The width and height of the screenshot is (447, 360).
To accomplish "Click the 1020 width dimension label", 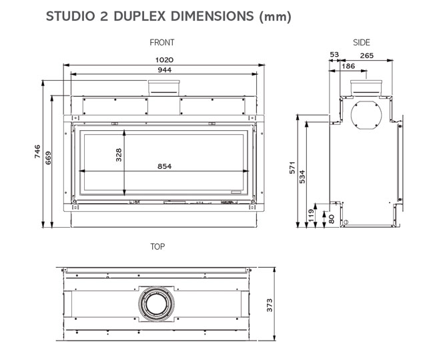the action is tap(164, 60).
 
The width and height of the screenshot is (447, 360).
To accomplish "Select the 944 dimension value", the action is tap(165, 70).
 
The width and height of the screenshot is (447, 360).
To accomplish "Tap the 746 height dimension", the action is tap(37, 152).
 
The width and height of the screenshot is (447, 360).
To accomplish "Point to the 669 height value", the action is tap(48, 158).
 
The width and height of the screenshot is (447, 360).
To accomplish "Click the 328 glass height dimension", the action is tap(119, 155).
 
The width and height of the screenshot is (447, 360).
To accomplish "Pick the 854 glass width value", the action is tap(165, 166).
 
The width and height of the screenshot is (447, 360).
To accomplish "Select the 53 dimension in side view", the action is tap(334, 54).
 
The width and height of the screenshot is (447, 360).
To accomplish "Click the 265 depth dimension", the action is tap(367, 55).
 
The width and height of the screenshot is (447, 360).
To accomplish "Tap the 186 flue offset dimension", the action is tap(348, 66).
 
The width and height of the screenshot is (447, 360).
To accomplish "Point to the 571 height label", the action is tap(292, 168).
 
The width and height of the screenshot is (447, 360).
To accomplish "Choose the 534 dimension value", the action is tap(302, 177).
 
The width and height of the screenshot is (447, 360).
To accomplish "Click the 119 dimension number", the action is tap(311, 216).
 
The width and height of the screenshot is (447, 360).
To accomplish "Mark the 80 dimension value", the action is tap(331, 219).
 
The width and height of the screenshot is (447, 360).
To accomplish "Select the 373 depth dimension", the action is tap(269, 305).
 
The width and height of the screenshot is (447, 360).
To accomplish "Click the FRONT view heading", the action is tap(162, 43).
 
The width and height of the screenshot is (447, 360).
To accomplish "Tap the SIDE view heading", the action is tap(362, 43).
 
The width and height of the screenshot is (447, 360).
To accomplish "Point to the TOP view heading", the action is tap(157, 246).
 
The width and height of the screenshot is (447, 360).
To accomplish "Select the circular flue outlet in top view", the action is tap(156, 304).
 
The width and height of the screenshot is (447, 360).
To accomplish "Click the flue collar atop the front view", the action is tap(164, 88).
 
